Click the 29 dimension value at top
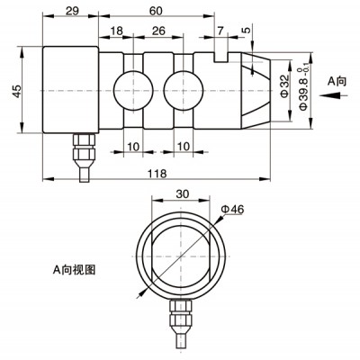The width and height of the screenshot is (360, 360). click(x=72, y=11)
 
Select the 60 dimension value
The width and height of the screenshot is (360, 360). click(x=156, y=11)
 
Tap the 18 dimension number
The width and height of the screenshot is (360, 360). click(x=117, y=31)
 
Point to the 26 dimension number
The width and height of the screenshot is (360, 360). click(x=158, y=31)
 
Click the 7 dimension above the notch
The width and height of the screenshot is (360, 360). click(x=220, y=31)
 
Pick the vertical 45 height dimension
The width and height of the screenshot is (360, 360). click(x=17, y=91)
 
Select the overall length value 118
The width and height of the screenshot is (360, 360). click(x=157, y=174)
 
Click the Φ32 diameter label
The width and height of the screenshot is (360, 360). click(x=284, y=86)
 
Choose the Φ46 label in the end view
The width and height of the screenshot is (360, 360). click(x=232, y=209)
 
